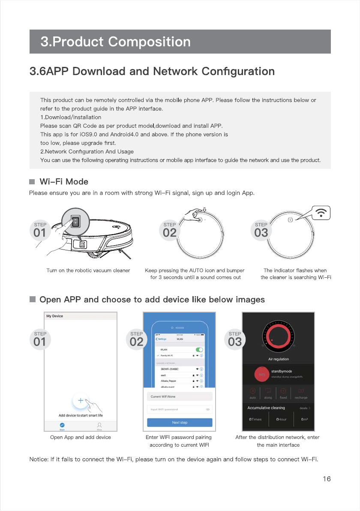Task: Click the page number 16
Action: point(327,479)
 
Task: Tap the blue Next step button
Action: point(180,422)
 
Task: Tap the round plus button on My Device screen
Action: point(80,401)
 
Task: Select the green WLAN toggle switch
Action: point(199,350)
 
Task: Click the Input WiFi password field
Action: point(180,409)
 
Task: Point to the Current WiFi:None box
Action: point(180,397)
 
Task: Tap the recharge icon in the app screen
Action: point(301,391)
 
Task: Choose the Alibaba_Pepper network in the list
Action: point(169,381)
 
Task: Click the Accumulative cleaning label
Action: point(266,408)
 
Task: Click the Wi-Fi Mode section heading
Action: point(64,182)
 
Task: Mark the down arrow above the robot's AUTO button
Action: point(204,210)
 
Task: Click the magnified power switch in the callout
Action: point(75,222)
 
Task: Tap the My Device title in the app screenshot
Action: point(54,316)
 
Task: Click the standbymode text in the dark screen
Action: point(282,371)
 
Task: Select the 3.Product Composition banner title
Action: point(115,42)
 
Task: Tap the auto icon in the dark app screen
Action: point(253,391)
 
